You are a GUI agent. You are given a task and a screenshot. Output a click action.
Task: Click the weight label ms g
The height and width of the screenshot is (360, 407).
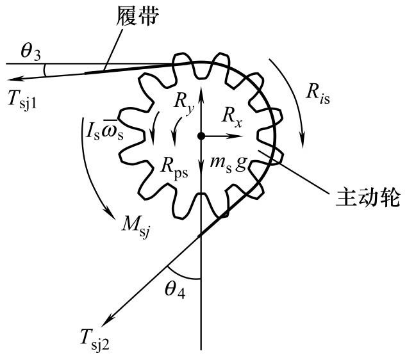click(x=229, y=163)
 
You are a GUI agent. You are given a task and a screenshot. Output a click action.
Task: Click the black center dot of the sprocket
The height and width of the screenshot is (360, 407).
click(x=201, y=136)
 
